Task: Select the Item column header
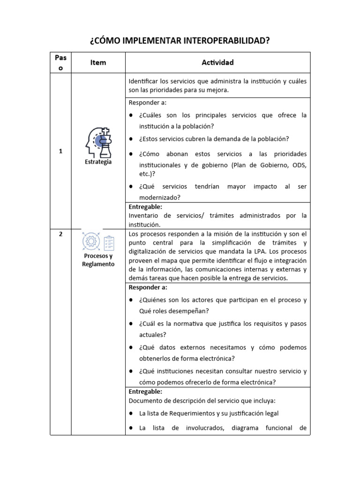point(98,62)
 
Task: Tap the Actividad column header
point(217,62)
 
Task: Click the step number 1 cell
point(60,151)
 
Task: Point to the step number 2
point(60,235)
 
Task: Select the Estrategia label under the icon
point(98,162)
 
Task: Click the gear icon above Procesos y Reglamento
point(90,241)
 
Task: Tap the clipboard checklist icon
point(108,242)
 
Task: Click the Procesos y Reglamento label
point(98,260)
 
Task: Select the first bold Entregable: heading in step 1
point(145,207)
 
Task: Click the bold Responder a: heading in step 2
point(148,287)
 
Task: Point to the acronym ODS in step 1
point(299,165)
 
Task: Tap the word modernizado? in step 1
point(160,198)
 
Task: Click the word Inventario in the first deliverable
point(142,216)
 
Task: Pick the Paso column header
point(60,62)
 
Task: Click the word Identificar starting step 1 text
point(144,81)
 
